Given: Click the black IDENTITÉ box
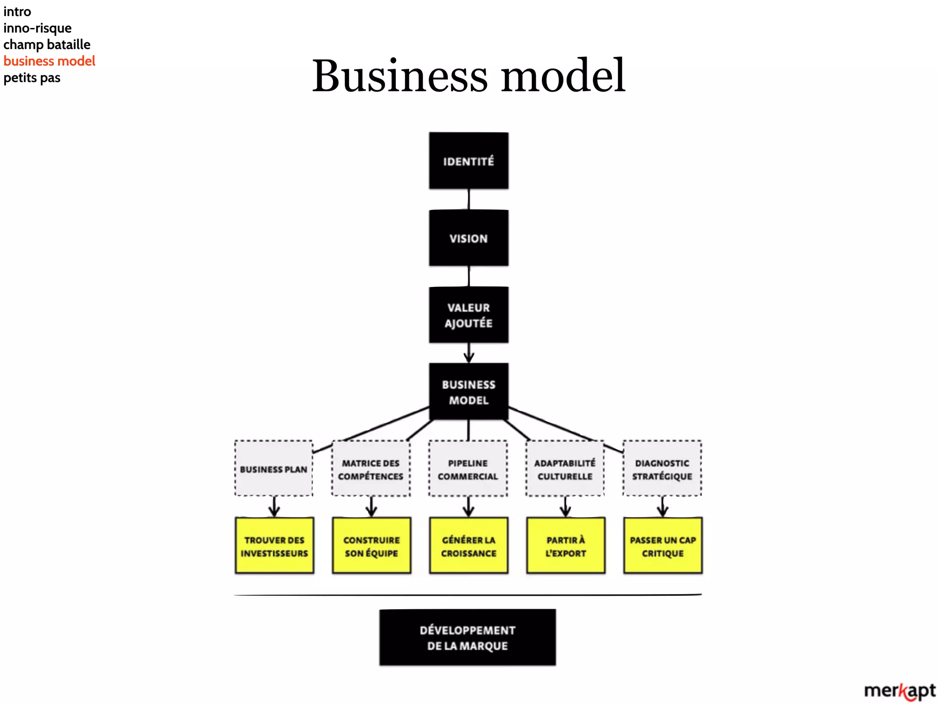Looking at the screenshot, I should (x=469, y=161).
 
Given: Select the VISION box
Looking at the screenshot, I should (x=469, y=238).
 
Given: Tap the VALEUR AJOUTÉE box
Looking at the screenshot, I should (x=469, y=315).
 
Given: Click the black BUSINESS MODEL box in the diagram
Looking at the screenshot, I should (x=469, y=392).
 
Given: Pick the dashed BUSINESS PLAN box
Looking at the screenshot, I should (x=274, y=469).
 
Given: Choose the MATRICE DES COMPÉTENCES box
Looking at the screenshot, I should (x=371, y=469).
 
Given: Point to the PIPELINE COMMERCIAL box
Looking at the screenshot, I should (x=468, y=469).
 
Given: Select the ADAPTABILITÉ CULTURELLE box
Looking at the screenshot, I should (x=565, y=469).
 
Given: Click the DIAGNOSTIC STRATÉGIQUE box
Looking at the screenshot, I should (x=662, y=469).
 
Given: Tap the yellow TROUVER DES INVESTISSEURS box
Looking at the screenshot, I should (x=274, y=546).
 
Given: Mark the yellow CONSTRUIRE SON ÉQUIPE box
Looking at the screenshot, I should (x=371, y=546).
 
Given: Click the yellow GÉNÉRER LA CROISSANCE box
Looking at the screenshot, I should (x=469, y=546).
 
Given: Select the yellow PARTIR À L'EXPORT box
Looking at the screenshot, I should (x=566, y=546).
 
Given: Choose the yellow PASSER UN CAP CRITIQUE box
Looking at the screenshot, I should (x=663, y=546).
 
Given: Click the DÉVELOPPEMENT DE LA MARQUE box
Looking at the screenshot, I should (x=468, y=638).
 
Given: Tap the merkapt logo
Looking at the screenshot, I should (x=900, y=691).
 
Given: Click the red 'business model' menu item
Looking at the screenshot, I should (x=49, y=61).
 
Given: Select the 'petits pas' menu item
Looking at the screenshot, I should (x=32, y=77).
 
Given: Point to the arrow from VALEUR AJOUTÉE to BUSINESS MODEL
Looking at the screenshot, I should (x=469, y=353).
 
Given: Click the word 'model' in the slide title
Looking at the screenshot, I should (x=563, y=76).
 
